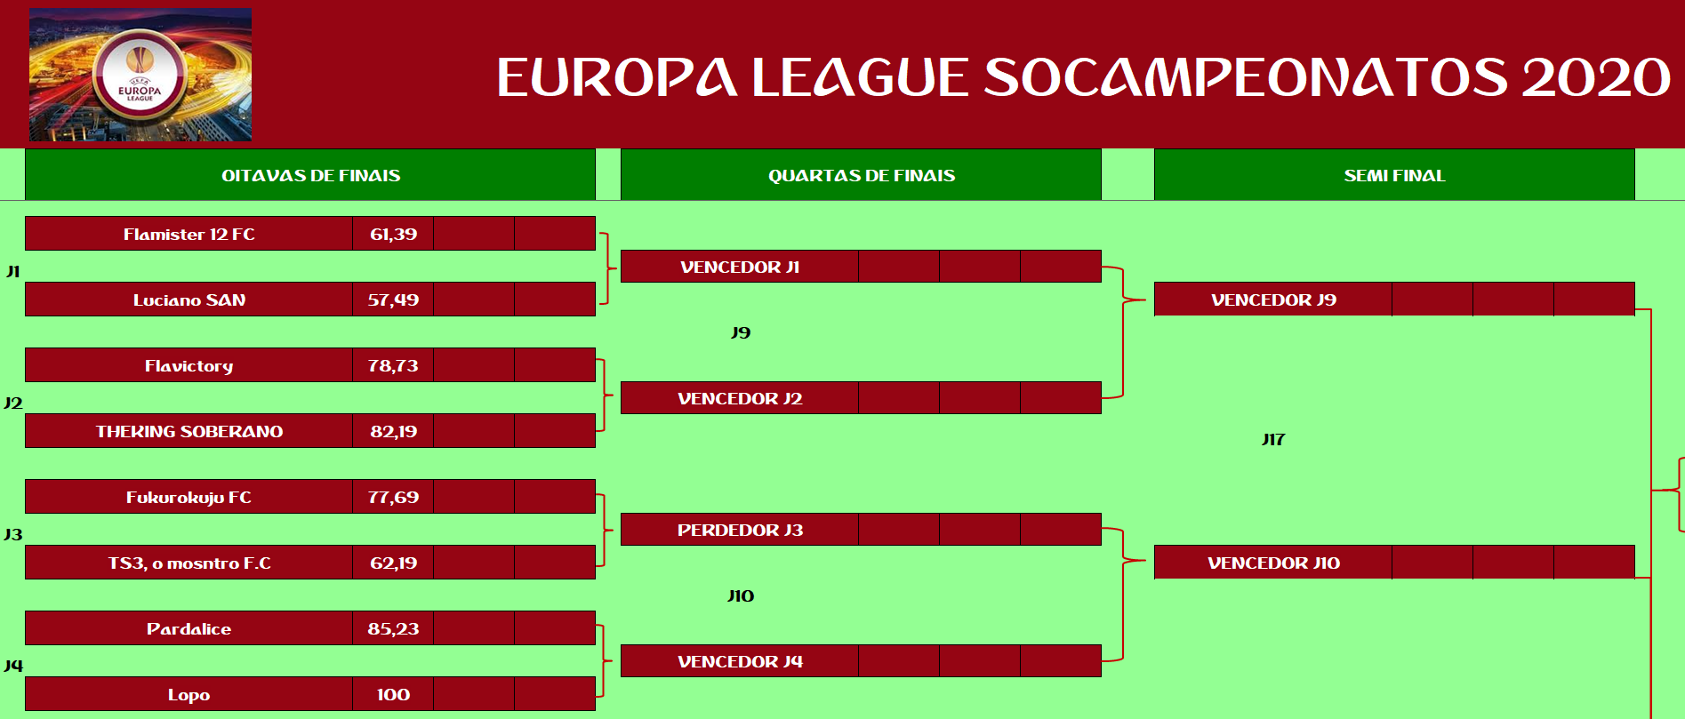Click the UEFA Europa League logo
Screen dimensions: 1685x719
(x=140, y=75)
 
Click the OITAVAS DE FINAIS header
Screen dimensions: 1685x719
(x=310, y=175)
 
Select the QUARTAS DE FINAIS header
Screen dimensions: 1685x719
(x=861, y=175)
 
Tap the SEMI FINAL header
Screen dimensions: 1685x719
(x=1394, y=175)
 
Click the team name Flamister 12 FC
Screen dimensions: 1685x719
(x=189, y=234)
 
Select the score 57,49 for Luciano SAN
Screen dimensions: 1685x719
(x=393, y=300)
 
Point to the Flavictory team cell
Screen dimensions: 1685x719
(x=189, y=365)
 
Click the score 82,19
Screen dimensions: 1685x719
(x=393, y=431)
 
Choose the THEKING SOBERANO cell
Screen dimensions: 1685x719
(x=189, y=431)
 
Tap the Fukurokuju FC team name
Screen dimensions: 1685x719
(x=189, y=497)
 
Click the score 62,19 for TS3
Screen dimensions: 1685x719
(x=393, y=563)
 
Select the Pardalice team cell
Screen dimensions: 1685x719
(x=189, y=628)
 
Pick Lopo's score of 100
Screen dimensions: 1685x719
(x=393, y=694)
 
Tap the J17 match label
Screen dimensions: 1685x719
(x=1273, y=439)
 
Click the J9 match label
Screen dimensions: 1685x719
(x=741, y=332)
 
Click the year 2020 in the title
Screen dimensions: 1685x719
(x=1596, y=77)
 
